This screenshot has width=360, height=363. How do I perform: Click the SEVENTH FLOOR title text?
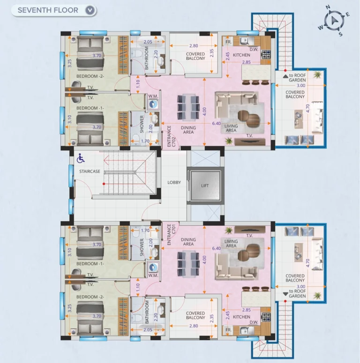point(48,10)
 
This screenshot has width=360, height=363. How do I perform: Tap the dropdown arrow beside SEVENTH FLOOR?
point(90,10)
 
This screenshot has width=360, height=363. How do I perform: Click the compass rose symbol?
point(334,21)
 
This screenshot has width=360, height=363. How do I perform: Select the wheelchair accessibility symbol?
point(81,158)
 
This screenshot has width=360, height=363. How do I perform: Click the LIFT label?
point(205,185)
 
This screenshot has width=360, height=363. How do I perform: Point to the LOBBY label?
point(174,182)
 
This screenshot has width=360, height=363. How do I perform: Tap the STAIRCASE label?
point(90,171)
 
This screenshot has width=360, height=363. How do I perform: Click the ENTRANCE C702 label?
point(172,136)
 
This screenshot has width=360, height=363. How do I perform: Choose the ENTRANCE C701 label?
point(172,235)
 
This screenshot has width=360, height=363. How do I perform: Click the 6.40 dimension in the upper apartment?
point(217,123)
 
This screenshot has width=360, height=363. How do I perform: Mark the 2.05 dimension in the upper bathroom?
point(148,42)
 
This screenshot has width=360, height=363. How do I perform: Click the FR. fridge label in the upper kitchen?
point(228,42)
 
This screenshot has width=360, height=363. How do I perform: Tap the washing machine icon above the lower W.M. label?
point(153,267)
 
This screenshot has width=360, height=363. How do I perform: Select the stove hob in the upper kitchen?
point(266,55)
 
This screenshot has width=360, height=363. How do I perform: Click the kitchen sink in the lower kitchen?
point(244,331)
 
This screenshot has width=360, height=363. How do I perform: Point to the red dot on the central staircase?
point(104,184)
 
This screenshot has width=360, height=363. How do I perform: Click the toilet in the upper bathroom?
point(138,53)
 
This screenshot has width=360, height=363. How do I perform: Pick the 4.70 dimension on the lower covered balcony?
point(307,263)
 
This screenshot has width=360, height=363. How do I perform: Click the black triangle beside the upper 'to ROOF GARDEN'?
point(285,76)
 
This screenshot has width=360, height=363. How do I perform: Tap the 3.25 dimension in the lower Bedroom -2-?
point(70,308)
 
